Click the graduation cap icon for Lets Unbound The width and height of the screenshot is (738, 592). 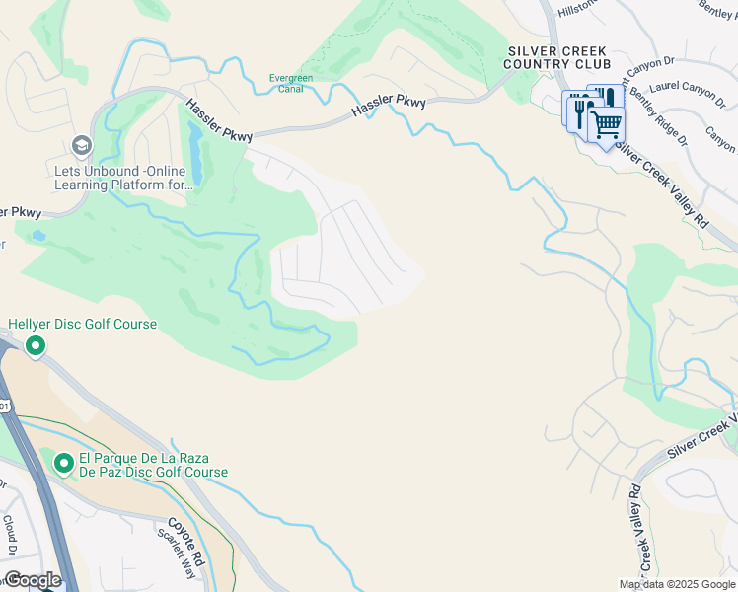[x=81, y=147]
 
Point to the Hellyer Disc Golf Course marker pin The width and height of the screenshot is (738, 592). [x=36, y=345]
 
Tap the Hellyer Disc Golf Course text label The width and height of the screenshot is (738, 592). [x=83, y=324]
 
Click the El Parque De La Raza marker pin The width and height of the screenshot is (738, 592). [x=64, y=463]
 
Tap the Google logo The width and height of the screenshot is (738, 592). [x=32, y=580]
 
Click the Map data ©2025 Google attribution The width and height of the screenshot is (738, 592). [x=676, y=584]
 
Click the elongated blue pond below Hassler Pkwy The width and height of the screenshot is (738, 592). [x=195, y=158]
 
